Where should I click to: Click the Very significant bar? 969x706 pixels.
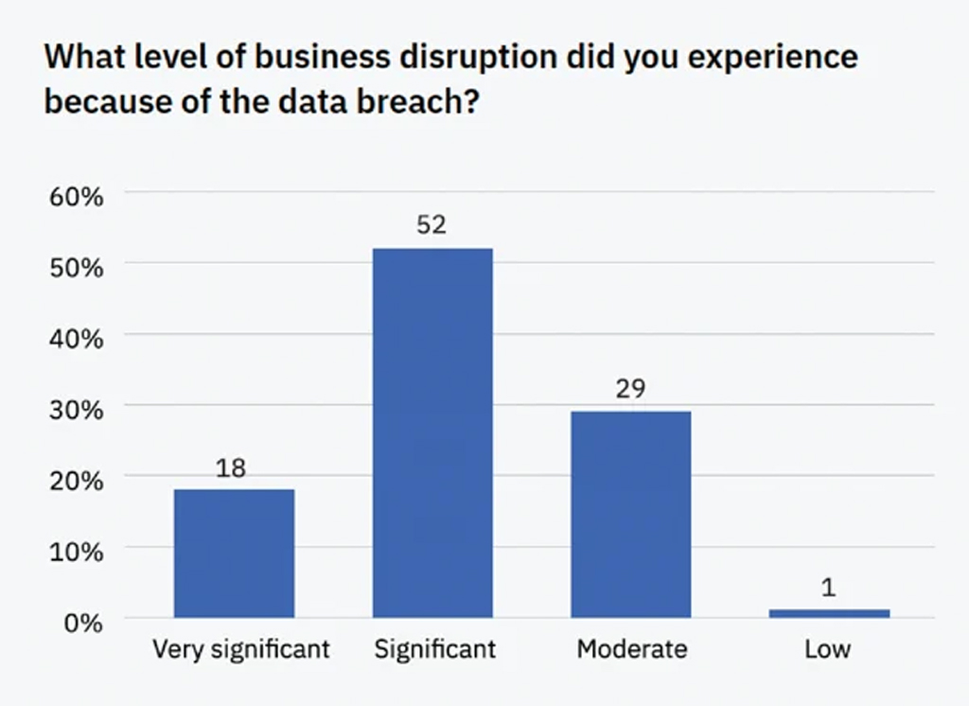pyautogui.click(x=234, y=554)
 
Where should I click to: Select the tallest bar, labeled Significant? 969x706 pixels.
pyautogui.click(x=432, y=432)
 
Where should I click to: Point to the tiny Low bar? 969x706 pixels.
pyautogui.click(x=829, y=613)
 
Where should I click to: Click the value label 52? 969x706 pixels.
pyautogui.click(x=432, y=225)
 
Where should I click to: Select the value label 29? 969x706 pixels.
pyautogui.click(x=630, y=389)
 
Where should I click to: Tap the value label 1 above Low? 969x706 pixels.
pyautogui.click(x=829, y=588)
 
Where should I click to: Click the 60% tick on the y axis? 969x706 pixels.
pyautogui.click(x=76, y=197)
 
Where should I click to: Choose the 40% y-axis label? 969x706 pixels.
pyautogui.click(x=76, y=338)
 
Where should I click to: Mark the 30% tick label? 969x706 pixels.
pyautogui.click(x=76, y=409)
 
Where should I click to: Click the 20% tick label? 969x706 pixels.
pyautogui.click(x=76, y=480)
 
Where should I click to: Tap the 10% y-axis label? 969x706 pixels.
pyautogui.click(x=76, y=551)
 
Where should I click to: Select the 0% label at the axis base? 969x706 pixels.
pyautogui.click(x=83, y=623)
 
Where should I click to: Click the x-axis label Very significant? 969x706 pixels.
pyautogui.click(x=241, y=649)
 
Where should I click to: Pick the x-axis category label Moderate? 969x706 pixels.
pyautogui.click(x=631, y=649)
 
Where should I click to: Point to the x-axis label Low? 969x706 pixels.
pyautogui.click(x=829, y=649)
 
